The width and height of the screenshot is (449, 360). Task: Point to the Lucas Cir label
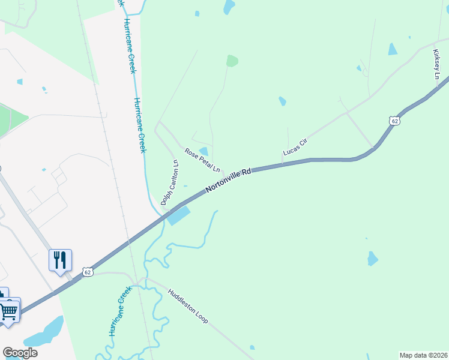pyautogui.click(x=295, y=148)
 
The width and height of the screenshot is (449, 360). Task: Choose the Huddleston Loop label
pyautogui.click(x=188, y=307)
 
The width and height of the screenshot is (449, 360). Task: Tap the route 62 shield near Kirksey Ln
pyautogui.click(x=394, y=121)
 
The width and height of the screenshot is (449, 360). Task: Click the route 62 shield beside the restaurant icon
pyautogui.click(x=88, y=272)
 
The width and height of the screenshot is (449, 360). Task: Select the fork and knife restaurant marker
pyautogui.click(x=59, y=259)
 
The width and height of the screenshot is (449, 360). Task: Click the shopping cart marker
pyautogui.click(x=8, y=311)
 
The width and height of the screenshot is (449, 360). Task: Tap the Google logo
pyautogui.click(x=20, y=353)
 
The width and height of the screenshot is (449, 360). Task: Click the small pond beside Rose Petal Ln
pyautogui.click(x=204, y=151)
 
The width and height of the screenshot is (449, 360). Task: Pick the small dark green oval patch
pyautogui.click(x=232, y=61)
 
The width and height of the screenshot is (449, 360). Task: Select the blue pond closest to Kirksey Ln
pyautogui.click(x=393, y=49)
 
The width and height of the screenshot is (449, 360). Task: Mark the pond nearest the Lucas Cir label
pyautogui.click(x=282, y=101)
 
